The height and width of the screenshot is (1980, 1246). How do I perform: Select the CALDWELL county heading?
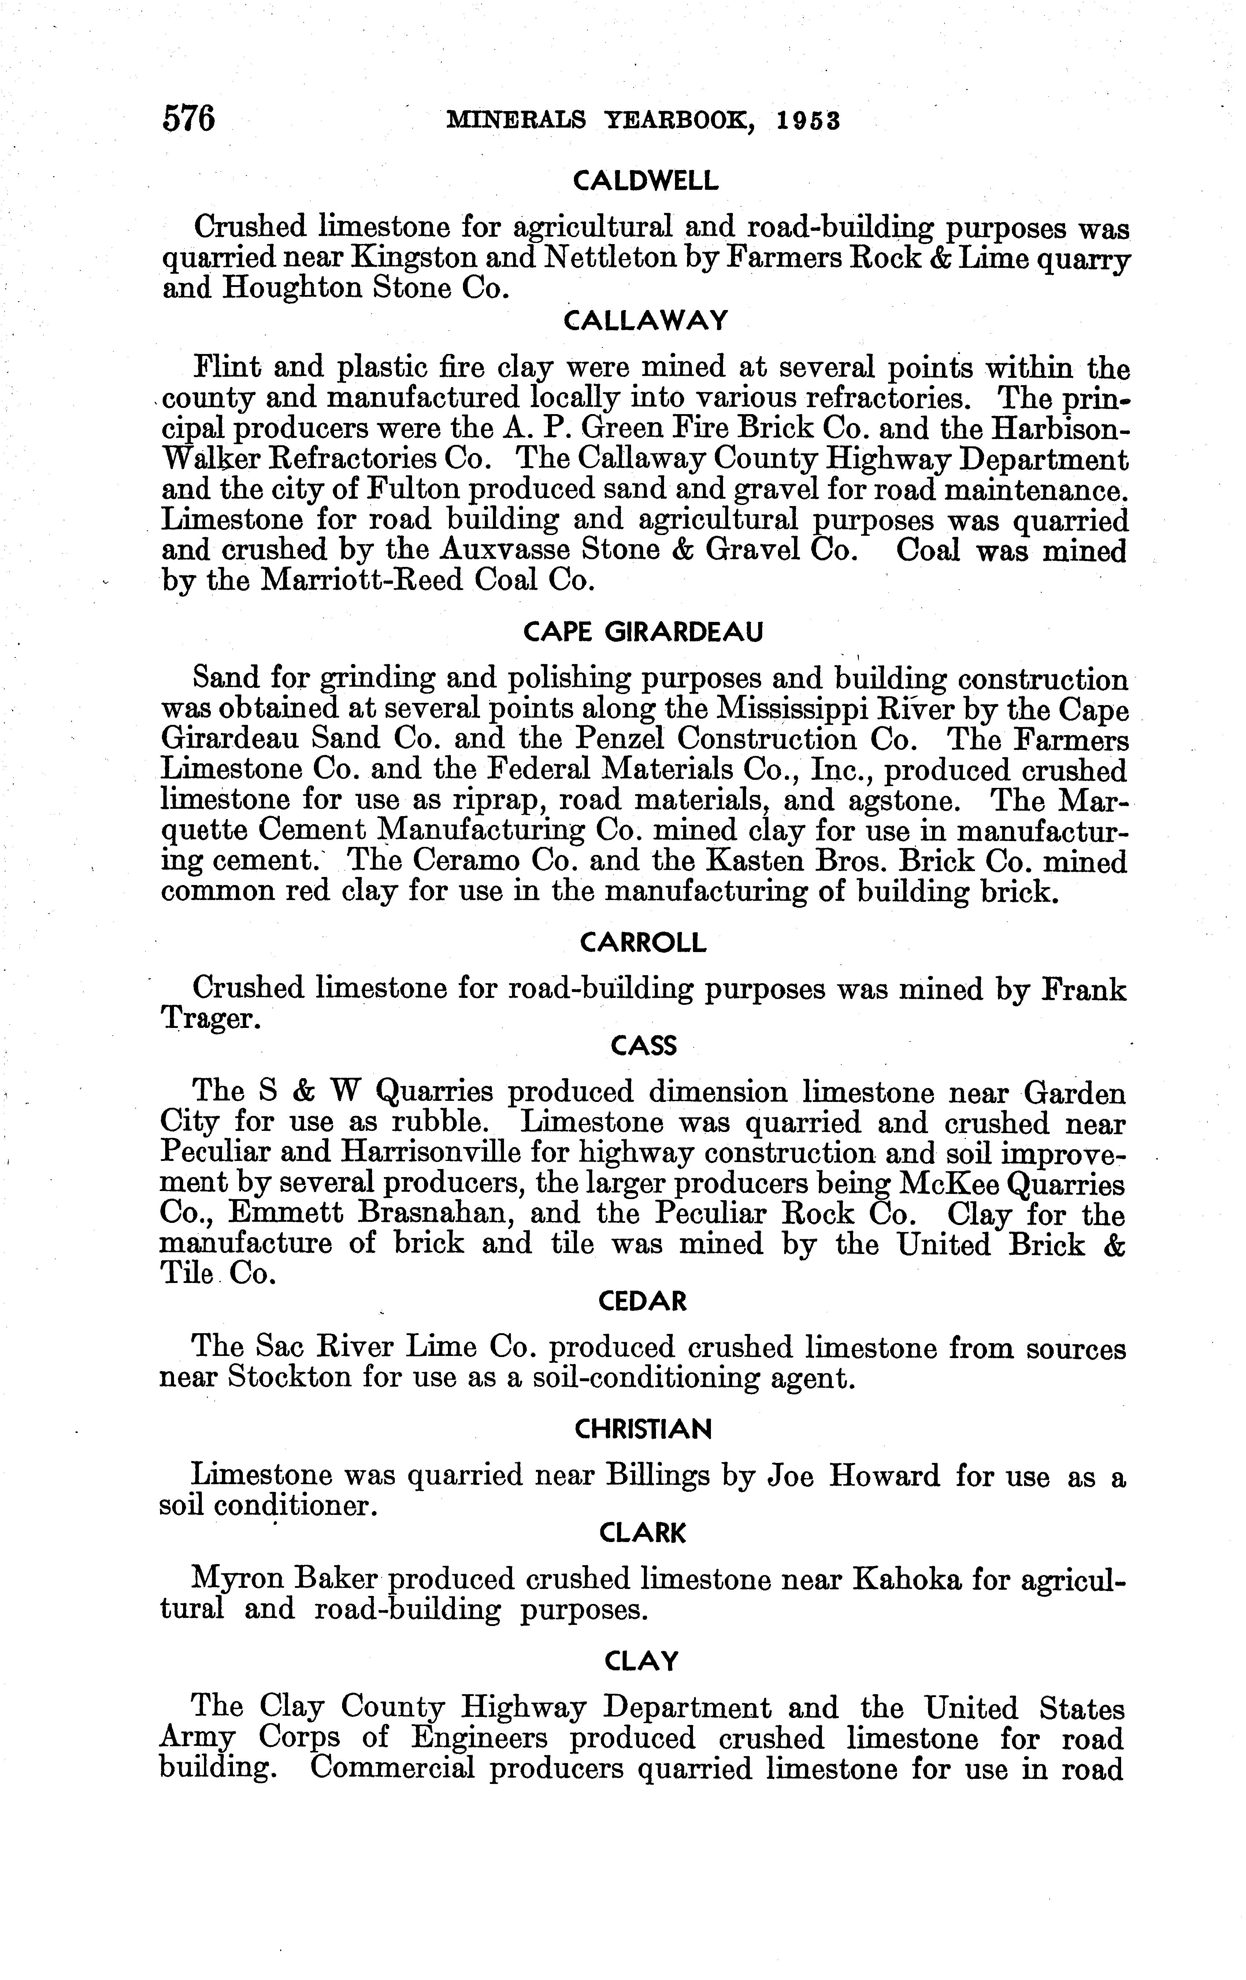tap(645, 181)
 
